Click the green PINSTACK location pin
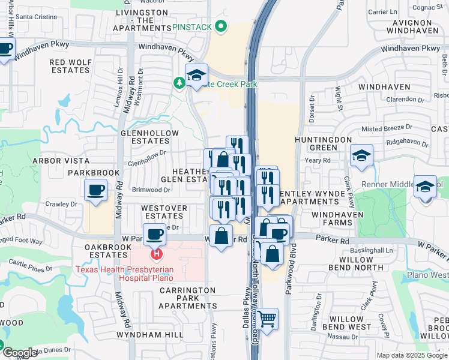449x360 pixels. [x=221, y=27]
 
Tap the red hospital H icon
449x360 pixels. [x=157, y=254]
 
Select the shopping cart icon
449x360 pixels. [x=267, y=318]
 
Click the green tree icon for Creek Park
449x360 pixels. [x=179, y=83]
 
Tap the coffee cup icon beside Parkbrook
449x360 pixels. [x=95, y=190]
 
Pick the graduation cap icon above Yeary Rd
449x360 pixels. [x=361, y=156]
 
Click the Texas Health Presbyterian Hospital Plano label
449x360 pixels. [x=124, y=274]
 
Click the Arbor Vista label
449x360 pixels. [x=61, y=161]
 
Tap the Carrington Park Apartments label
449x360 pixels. [x=187, y=298]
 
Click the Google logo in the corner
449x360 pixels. [x=20, y=353]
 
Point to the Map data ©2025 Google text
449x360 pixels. [x=411, y=355]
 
